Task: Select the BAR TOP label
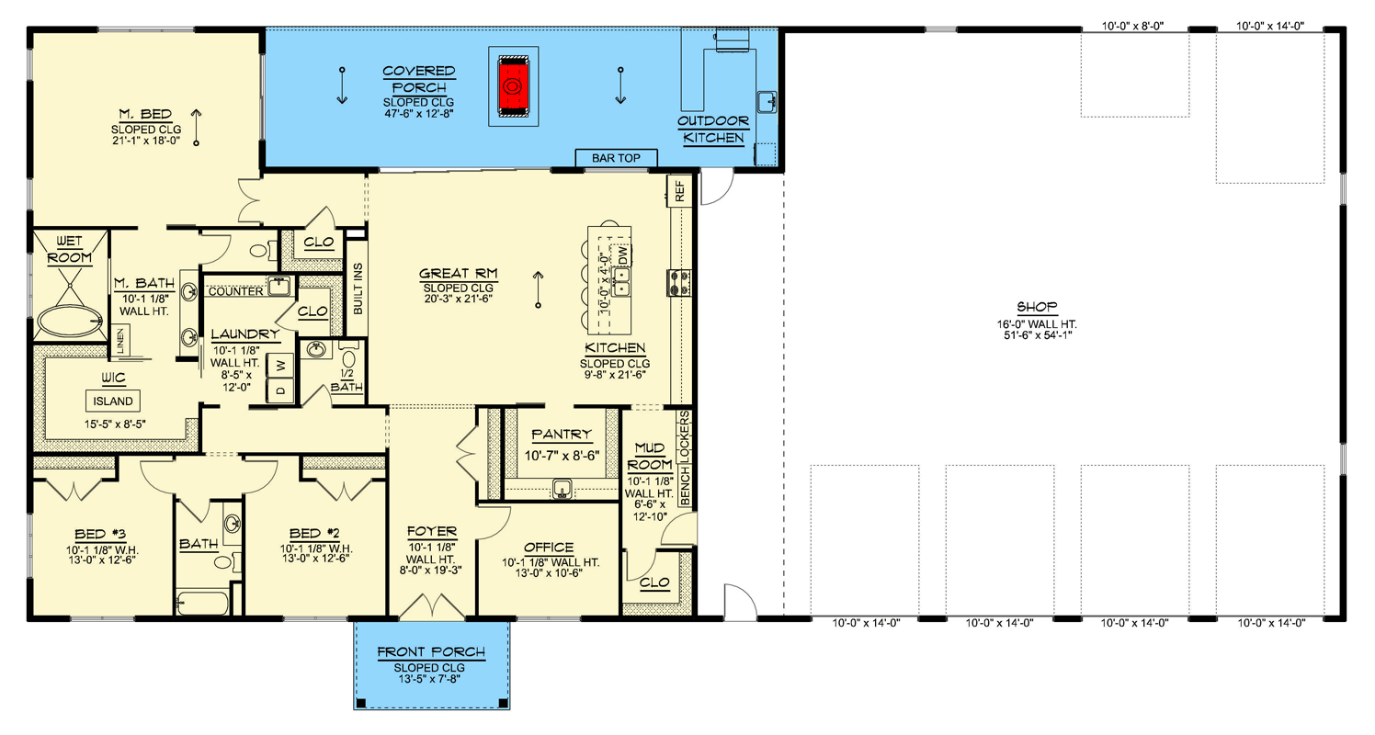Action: tap(616, 159)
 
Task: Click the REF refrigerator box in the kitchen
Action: tap(680, 192)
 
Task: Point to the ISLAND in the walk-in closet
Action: tap(113, 401)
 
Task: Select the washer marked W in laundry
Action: tap(280, 366)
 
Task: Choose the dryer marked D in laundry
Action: tap(280, 390)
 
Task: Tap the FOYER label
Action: tap(432, 531)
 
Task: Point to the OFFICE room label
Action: tap(548, 548)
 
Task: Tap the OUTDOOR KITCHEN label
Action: tap(712, 130)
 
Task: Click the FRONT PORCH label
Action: tap(430, 653)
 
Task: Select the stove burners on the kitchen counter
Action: tap(681, 281)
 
